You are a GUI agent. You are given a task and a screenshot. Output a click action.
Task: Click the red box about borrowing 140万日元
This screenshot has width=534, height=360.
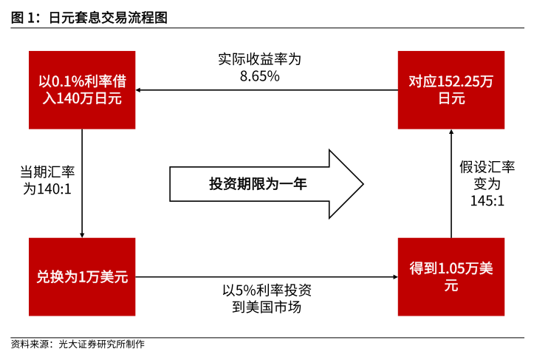point(82,89)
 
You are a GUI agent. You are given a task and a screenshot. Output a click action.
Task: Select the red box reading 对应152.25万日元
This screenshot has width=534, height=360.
point(451,89)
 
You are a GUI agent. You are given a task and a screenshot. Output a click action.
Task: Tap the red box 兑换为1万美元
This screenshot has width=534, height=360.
point(82,277)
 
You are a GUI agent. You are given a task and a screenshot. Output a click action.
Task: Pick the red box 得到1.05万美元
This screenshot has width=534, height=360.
point(451,277)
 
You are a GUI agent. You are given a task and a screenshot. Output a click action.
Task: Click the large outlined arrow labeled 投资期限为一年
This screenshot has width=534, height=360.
point(266,184)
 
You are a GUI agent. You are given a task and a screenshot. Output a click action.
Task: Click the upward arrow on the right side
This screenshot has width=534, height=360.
point(451,185)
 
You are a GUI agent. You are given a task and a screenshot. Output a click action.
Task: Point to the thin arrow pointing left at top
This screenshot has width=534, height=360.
point(266,90)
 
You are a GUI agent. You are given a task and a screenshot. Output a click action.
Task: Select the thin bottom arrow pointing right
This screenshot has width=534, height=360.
point(266,277)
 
